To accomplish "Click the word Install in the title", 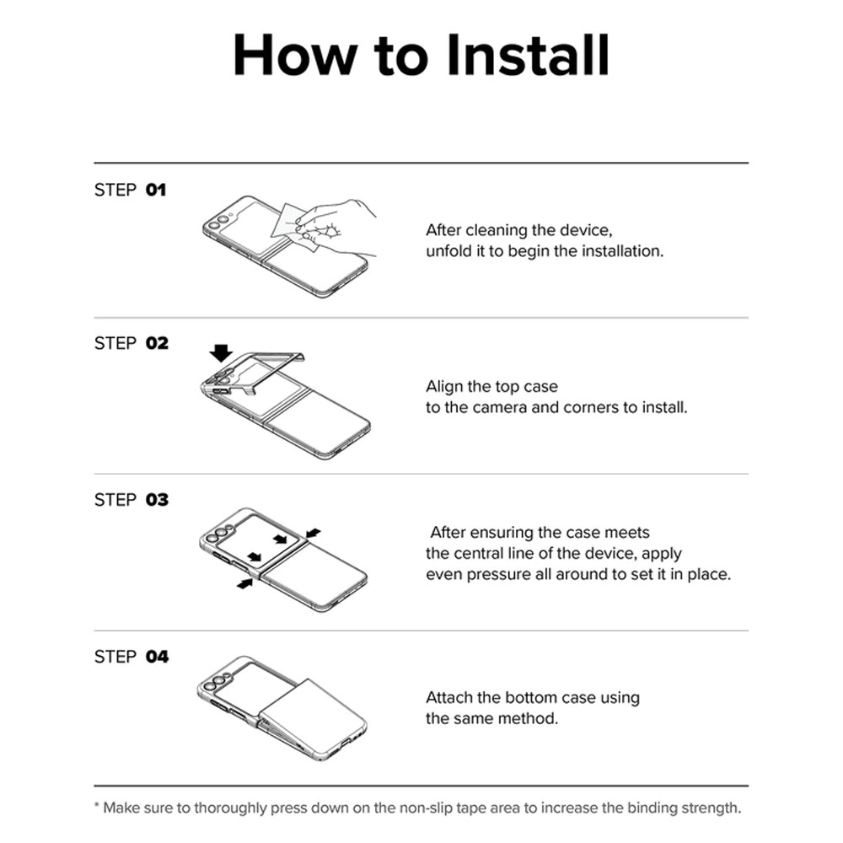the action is tap(529, 55).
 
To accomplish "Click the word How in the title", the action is tap(295, 55).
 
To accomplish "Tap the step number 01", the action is tap(156, 190).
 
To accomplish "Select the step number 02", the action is tap(157, 343).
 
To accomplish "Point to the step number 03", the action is tap(157, 499).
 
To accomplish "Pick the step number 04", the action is tap(157, 657).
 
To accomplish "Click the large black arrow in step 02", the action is tap(221, 353).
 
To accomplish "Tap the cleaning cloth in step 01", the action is tap(294, 228).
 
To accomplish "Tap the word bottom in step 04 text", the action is tap(531, 698).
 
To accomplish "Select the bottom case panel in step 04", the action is tap(311, 715).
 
